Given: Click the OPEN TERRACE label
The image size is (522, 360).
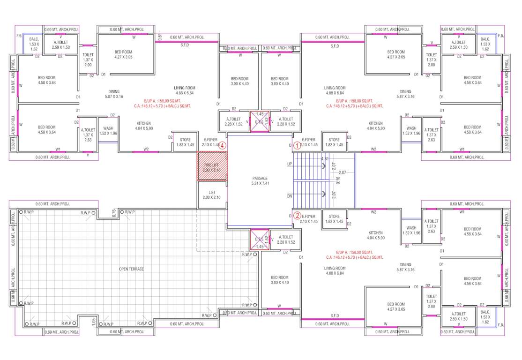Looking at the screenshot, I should [131, 269].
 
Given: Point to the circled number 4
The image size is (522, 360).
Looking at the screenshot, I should [223, 145].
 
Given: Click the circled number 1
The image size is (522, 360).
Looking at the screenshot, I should [297, 145].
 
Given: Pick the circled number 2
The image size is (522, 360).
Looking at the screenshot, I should [297, 216].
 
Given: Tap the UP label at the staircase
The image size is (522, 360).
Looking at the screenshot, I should [290, 164].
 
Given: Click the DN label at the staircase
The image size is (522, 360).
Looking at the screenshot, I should [290, 196].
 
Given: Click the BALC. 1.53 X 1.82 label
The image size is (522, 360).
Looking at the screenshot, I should [34, 44].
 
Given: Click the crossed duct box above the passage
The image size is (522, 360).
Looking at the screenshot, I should [260, 121].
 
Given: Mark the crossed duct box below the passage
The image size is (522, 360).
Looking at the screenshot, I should [260, 239].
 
